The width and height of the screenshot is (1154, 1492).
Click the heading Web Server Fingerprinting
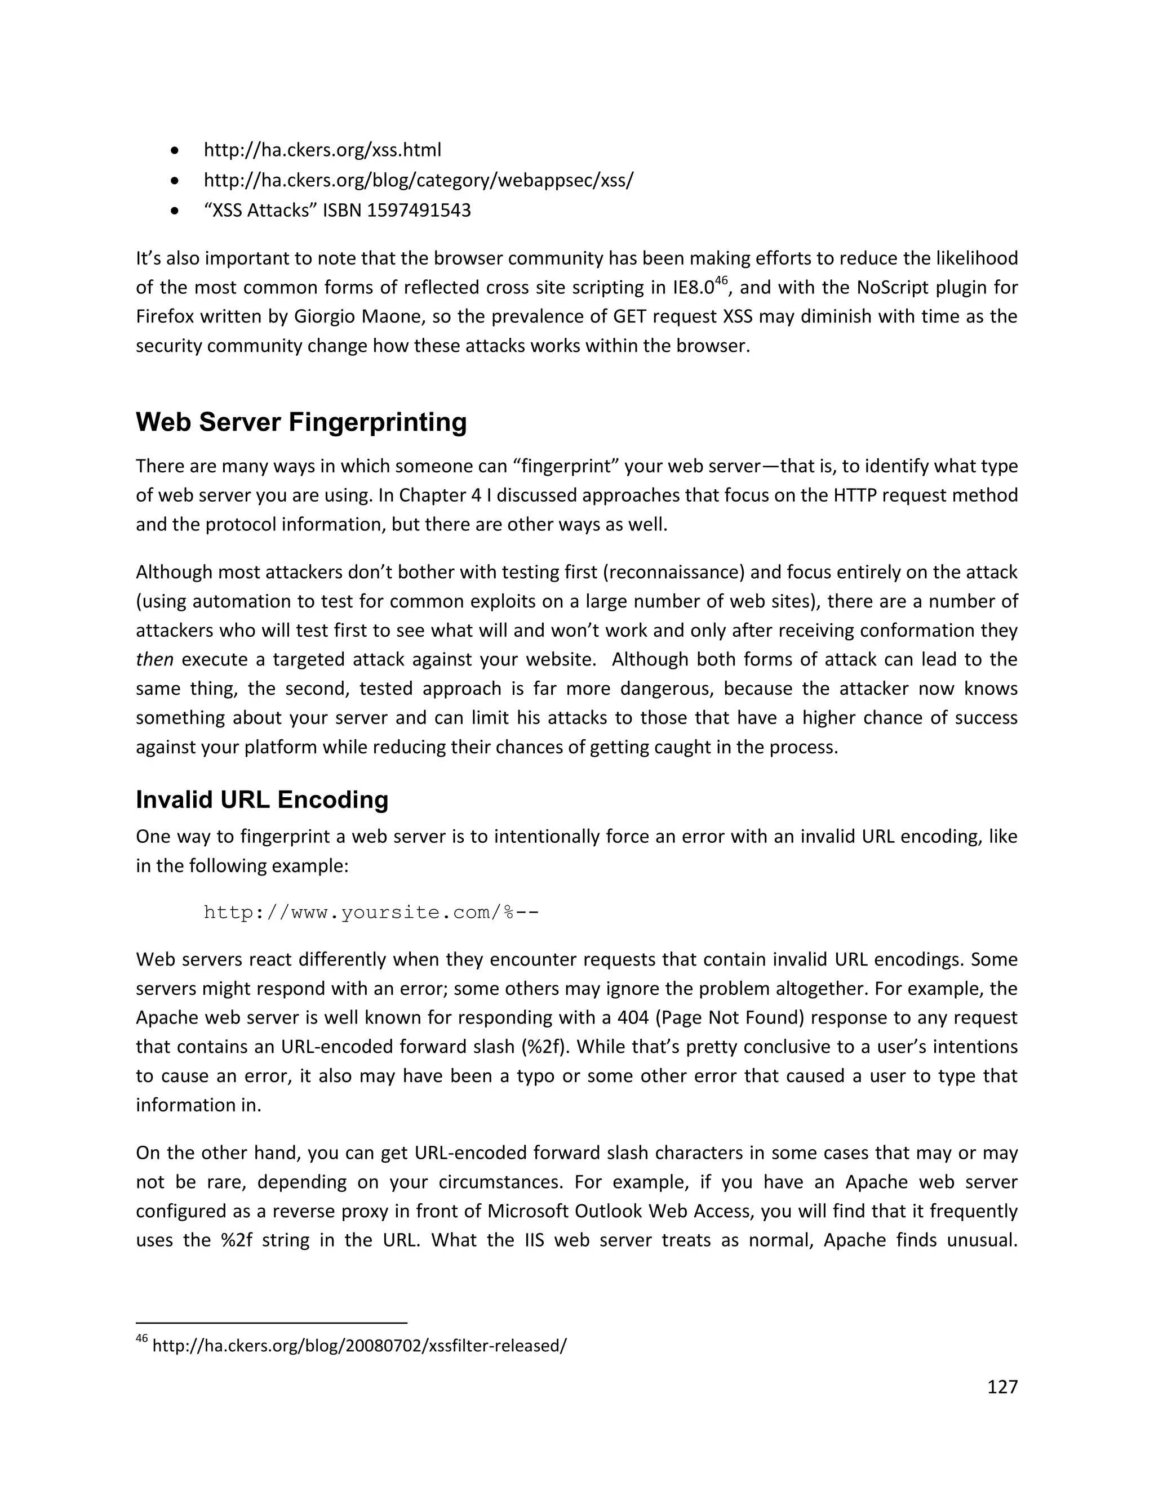point(301,422)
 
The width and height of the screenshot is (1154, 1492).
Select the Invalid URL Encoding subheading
point(262,799)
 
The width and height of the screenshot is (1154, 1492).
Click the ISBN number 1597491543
point(419,210)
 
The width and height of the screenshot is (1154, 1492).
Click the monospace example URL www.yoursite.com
point(371,913)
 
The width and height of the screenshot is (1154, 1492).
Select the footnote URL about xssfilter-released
point(359,1346)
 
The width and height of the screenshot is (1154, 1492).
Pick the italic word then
point(154,660)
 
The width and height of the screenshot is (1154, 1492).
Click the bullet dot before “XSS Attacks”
point(176,211)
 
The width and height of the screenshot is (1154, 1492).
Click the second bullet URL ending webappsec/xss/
point(419,180)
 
